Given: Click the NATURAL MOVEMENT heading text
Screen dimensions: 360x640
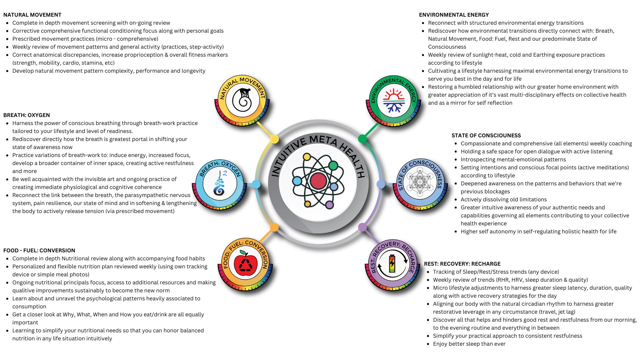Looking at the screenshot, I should (x=32, y=15).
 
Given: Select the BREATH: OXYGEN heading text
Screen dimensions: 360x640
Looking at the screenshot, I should (x=27, y=115).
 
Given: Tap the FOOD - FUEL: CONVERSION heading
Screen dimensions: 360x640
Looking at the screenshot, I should (x=39, y=251).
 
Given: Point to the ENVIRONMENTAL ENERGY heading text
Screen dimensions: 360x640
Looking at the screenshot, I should (x=454, y=15).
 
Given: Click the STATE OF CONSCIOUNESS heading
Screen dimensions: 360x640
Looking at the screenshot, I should (x=486, y=136).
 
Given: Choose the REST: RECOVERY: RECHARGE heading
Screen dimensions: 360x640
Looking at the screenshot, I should (x=462, y=264).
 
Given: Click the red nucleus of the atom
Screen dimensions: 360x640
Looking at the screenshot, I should (x=318, y=181).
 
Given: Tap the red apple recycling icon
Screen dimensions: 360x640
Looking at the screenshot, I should (x=246, y=264).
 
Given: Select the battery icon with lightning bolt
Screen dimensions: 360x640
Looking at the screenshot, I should (x=392, y=264).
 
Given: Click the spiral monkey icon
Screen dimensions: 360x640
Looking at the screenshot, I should (x=242, y=100).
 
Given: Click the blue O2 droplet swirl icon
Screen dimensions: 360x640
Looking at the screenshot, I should (x=220, y=183).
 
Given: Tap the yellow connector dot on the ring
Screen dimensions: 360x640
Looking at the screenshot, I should (x=274, y=139).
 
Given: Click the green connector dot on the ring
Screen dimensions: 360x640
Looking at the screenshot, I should (x=362, y=138).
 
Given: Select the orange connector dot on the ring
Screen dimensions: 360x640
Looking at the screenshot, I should (x=274, y=227).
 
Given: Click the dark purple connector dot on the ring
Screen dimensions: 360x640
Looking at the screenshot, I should (x=362, y=227).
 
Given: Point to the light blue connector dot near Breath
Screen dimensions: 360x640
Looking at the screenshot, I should (x=256, y=184).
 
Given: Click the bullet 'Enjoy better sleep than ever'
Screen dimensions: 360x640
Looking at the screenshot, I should (x=469, y=344).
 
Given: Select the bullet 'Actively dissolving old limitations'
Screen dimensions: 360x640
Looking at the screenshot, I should (x=503, y=200).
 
